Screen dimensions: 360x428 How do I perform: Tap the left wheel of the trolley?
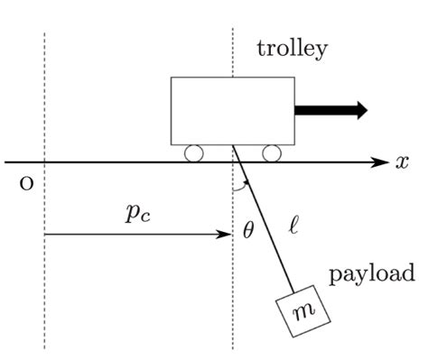(193, 153)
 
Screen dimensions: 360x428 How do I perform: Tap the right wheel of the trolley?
(271, 153)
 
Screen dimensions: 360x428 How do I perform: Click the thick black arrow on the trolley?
(330, 110)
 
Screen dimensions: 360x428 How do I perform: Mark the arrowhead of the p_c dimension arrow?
(227, 235)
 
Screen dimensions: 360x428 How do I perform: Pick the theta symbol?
(248, 230)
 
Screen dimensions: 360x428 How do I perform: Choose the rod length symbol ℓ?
(291, 221)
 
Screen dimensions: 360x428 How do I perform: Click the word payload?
(371, 273)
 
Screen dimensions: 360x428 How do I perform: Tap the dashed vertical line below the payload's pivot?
(232, 298)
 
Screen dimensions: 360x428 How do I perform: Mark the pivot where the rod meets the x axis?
(233, 162)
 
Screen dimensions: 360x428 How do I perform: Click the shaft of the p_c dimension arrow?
(135, 235)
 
